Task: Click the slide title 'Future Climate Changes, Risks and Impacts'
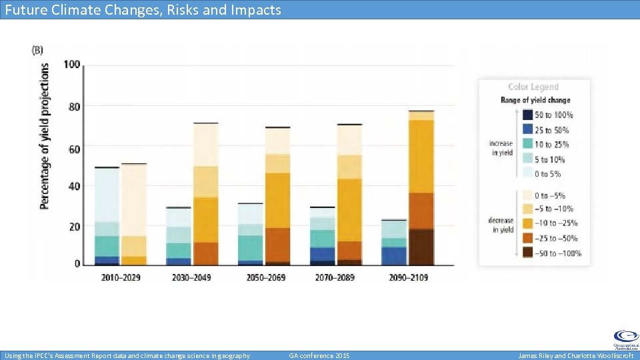[x=143, y=9]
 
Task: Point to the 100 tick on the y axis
[x=72, y=65]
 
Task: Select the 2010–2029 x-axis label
[x=121, y=277]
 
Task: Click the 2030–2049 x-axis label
[x=192, y=277]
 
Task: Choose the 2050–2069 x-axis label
[x=263, y=277]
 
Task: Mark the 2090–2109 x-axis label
[x=408, y=277]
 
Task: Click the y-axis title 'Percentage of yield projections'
[x=45, y=136]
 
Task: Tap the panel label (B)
[x=38, y=50]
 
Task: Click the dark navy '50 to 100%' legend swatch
[x=527, y=115]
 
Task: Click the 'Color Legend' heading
[x=533, y=87]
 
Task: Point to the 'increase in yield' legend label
[x=501, y=148]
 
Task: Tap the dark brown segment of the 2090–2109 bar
[x=421, y=246]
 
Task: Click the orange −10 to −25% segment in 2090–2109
[x=421, y=157]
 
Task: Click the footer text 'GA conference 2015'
[x=319, y=356]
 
